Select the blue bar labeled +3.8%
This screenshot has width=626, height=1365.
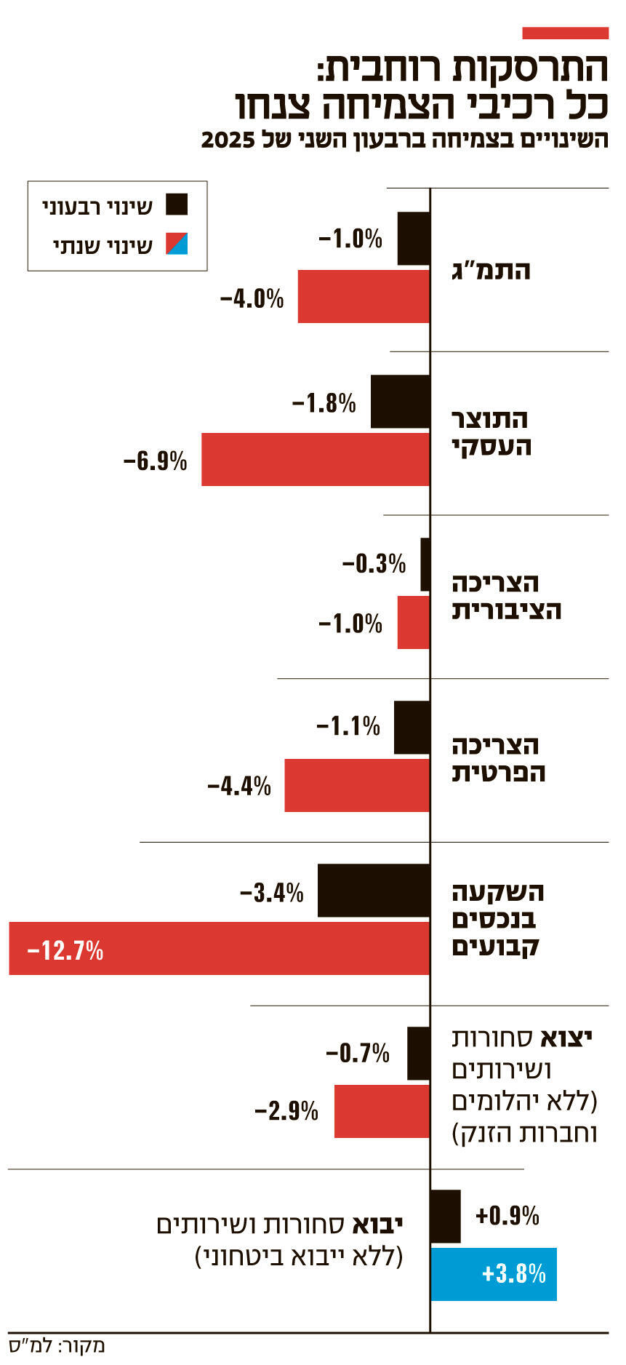pos(494,1273)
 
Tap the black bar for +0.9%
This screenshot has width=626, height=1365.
pos(446,1216)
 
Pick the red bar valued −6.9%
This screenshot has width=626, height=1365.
pos(315,459)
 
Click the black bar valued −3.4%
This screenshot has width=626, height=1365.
pos(374,891)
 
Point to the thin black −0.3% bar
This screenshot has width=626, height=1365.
pos(425,564)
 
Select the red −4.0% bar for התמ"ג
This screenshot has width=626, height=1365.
pos(364,296)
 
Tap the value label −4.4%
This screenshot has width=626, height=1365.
pos(239,786)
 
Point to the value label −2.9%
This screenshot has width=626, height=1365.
pos(286,1110)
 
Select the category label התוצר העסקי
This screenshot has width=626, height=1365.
pos(491,432)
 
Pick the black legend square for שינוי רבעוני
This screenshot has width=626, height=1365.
pos(177,204)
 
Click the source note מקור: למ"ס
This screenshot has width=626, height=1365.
pos(57,1346)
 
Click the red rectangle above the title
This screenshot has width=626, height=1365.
pos(565,33)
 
